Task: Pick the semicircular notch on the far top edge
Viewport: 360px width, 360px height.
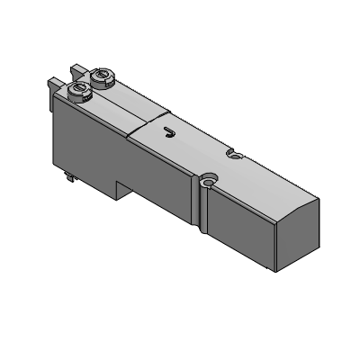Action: tap(234, 154)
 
